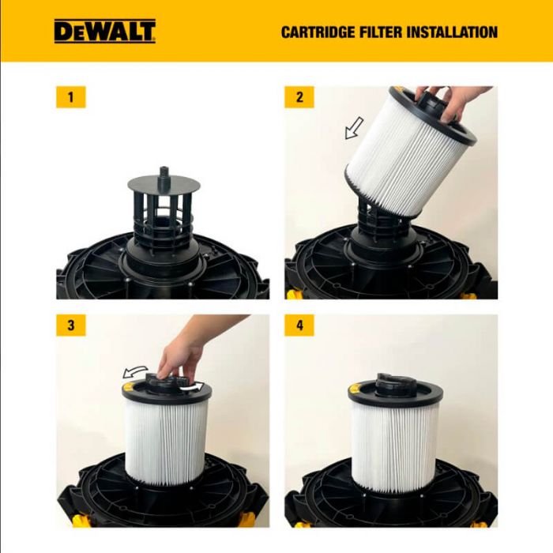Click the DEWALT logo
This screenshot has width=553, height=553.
click(x=104, y=31)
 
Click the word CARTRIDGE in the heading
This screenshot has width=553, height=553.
click(x=319, y=32)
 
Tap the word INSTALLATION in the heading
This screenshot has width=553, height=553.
click(x=453, y=32)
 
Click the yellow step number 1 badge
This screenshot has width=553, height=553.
click(x=71, y=98)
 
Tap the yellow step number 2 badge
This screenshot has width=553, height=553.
click(x=299, y=98)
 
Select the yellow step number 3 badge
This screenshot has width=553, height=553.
click(x=71, y=325)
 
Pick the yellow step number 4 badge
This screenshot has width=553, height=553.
click(x=299, y=325)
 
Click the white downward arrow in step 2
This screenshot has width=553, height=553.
click(x=353, y=127)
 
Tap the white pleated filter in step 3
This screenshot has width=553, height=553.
click(x=166, y=442)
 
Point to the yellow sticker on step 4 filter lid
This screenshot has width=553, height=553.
click(x=359, y=387)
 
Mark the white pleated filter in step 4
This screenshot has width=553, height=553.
click(x=395, y=446)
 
